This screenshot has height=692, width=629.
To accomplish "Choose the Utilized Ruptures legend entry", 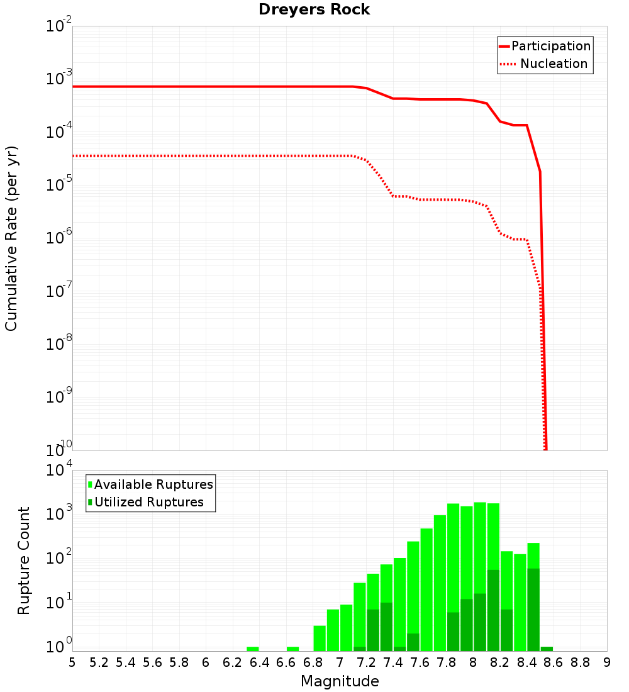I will point(148,502).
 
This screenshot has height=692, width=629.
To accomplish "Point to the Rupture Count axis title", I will point(24,561).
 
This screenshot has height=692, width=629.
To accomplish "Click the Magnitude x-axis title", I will point(340,681).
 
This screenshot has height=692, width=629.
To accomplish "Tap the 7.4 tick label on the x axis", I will point(393,662).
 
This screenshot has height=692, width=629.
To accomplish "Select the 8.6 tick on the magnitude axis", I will point(554,662).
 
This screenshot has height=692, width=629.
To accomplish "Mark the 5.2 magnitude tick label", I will point(99,662).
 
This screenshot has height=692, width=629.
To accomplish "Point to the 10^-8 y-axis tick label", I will point(60,343).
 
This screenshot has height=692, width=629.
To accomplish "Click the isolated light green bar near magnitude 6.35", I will point(253,649).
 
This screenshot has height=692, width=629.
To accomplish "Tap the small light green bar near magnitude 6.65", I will point(292,649).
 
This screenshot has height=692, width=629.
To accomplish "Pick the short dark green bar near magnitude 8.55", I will point(547,649).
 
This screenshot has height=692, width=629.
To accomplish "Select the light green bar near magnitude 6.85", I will point(320,638).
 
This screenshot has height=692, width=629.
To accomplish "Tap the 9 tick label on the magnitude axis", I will point(606,662).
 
